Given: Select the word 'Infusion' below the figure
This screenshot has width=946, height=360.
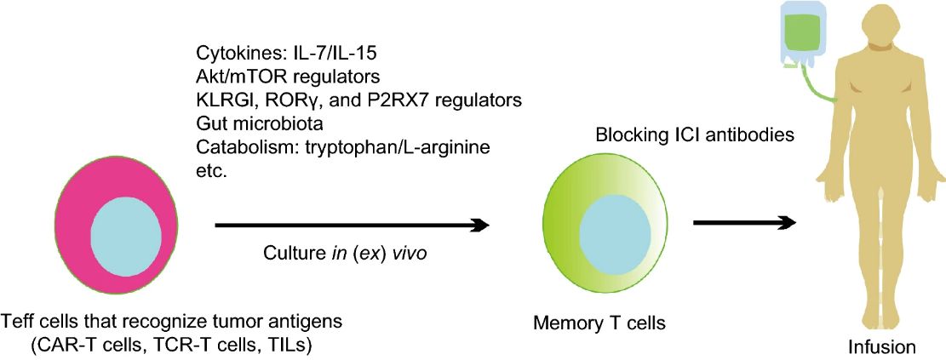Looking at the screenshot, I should (881, 347).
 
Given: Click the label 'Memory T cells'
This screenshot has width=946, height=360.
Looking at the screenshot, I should (599, 323).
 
